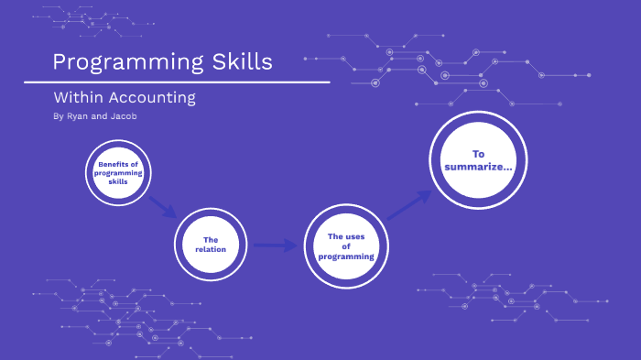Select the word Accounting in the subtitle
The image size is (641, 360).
(153, 97)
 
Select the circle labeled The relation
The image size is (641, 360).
(212, 245)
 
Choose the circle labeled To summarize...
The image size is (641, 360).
(479, 160)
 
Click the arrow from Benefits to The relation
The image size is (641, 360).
(163, 205)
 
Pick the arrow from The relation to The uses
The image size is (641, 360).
(276, 245)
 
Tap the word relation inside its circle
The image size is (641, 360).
(211, 249)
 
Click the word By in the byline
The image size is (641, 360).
(59, 116)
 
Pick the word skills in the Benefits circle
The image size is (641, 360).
(118, 180)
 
